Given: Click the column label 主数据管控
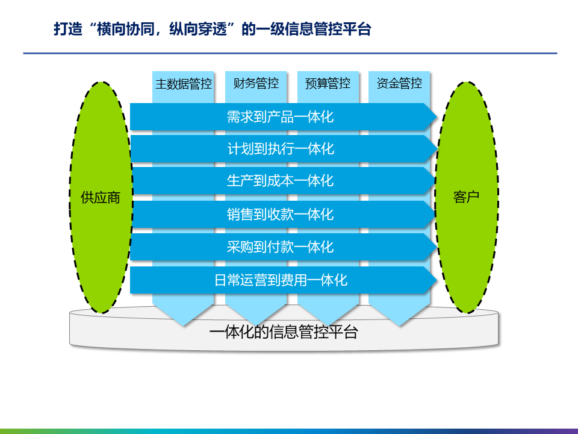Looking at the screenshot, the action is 184,84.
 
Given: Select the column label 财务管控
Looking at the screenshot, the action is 256,83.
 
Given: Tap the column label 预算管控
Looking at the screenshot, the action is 328,83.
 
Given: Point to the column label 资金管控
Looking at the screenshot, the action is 399,83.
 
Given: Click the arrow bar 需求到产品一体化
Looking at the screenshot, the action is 280,116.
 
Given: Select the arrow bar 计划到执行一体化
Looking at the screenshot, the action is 280,149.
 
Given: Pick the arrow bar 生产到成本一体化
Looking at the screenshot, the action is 280,181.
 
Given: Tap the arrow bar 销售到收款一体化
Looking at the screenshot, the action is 280,214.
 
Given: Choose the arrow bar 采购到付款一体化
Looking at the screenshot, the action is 280,247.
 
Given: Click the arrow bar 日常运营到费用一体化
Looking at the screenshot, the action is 281,280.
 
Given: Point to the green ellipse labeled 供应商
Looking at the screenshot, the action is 101,198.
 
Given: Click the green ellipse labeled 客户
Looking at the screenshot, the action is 467,197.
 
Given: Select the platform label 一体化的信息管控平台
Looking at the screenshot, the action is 284,332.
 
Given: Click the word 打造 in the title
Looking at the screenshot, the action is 66,30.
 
